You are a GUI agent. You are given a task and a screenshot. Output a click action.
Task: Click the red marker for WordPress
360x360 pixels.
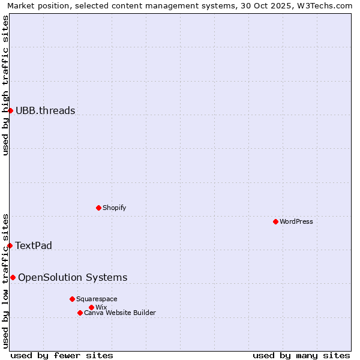pos(275,221)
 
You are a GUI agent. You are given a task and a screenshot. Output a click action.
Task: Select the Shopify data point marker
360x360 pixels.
pos(98,208)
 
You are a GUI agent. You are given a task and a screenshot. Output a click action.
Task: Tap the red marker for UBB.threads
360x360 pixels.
pos(10,110)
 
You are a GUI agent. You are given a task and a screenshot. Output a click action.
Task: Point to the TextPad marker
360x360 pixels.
pos(10,245)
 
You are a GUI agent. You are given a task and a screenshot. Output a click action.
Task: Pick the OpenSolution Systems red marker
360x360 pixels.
pos(13,277)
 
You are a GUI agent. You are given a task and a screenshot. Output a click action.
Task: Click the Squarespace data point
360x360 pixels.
pos(72,299)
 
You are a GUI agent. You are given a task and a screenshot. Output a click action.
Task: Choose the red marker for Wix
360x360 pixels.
pos(91,307)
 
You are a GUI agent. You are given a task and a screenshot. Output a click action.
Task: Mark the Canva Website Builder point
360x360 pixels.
pos(80,313)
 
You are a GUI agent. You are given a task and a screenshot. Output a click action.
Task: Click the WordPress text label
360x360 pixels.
pos(296,221)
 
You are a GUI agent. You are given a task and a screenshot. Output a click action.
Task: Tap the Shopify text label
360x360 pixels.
pos(115,208)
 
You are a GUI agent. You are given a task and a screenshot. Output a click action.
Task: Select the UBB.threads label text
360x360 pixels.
pos(46,110)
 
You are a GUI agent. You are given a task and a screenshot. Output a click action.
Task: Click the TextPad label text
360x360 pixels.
pos(34,245)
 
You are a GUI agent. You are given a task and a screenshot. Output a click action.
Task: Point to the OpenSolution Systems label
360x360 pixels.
pos(73,277)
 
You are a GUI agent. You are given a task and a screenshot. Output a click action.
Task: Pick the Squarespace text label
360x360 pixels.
pos(97,299)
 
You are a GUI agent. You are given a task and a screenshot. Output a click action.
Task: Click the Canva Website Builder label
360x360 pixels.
pos(120,313)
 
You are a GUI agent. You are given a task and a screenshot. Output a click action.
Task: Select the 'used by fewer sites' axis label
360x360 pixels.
pos(62,355)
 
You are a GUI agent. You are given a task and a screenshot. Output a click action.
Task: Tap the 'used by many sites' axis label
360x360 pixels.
pos(301,355)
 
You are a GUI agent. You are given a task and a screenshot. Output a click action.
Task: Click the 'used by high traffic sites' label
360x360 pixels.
pos(5,85)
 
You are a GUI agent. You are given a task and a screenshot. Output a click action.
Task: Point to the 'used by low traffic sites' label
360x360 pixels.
pos(5,280)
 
